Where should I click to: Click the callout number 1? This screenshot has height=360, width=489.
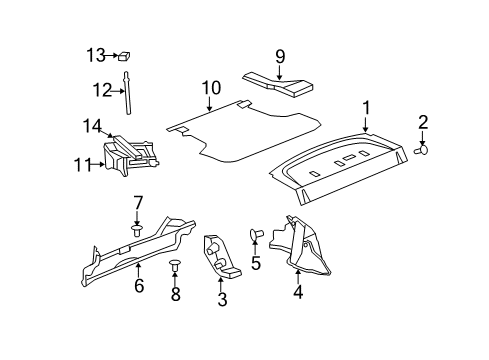point(366,108)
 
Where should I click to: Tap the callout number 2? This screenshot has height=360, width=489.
point(423,123)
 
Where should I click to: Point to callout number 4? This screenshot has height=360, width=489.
point(297,294)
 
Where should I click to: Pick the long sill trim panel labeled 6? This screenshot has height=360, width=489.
point(150,250)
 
